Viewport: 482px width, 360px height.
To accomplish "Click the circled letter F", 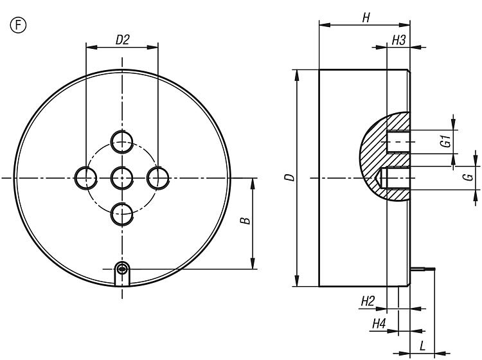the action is pyautogui.click(x=19, y=25).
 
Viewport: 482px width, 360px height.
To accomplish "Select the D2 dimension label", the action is pyautogui.click(x=122, y=40).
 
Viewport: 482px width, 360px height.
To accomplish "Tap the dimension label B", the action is pyautogui.click(x=245, y=221).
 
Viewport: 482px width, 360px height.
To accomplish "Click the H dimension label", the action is pyautogui.click(x=366, y=18).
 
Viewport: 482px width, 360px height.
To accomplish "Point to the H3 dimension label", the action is pyautogui.click(x=398, y=40).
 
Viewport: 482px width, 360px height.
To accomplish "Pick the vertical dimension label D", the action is pyautogui.click(x=290, y=177).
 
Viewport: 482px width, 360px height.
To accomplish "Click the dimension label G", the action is pyautogui.click(x=469, y=177).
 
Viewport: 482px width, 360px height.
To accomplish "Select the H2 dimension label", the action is pyautogui.click(x=368, y=301).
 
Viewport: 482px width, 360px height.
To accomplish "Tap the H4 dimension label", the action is pyautogui.click(x=379, y=324).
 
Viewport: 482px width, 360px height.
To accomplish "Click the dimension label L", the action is pyautogui.click(x=423, y=346).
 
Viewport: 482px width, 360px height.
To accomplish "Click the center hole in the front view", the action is pyautogui.click(x=122, y=178).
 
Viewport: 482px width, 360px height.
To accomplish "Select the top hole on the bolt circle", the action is pyautogui.click(x=122, y=142).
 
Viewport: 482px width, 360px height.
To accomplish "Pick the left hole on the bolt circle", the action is pyautogui.click(x=86, y=178).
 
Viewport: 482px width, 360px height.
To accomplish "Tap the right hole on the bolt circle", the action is pyautogui.click(x=158, y=178).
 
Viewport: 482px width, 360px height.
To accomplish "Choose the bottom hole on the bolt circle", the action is pyautogui.click(x=122, y=214).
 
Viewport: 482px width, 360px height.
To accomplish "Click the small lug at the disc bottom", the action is pyautogui.click(x=122, y=274).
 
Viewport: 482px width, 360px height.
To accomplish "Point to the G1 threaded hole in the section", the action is pyautogui.click(x=398, y=141).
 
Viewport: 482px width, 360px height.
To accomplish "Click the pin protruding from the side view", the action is pyautogui.click(x=423, y=269).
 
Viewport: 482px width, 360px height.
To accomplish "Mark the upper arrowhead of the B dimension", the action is pyautogui.click(x=253, y=183).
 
